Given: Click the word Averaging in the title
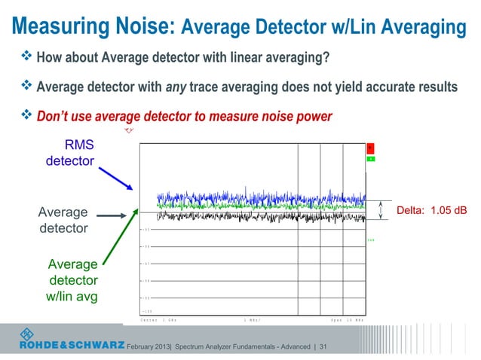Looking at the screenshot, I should [418, 28].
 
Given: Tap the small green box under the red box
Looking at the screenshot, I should [371, 159].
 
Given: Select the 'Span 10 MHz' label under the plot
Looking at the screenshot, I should [347, 320].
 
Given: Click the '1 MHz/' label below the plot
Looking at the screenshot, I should [253, 320].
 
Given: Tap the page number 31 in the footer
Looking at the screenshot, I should [323, 346].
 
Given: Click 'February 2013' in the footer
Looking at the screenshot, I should [154, 346].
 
